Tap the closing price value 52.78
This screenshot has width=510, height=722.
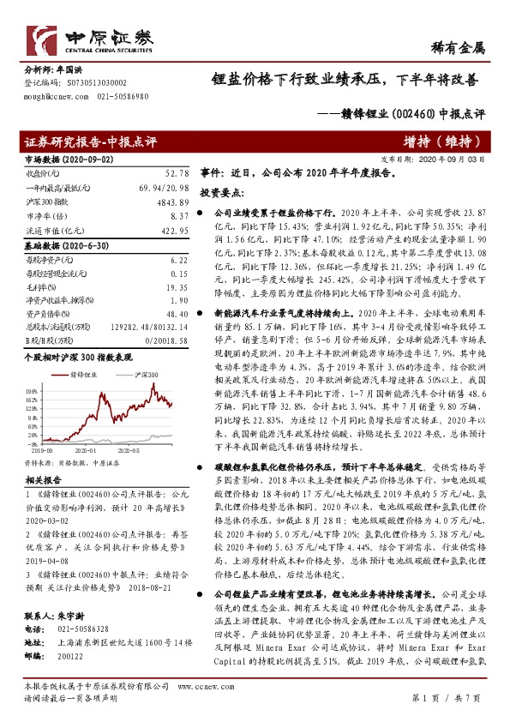tap(174, 174)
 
